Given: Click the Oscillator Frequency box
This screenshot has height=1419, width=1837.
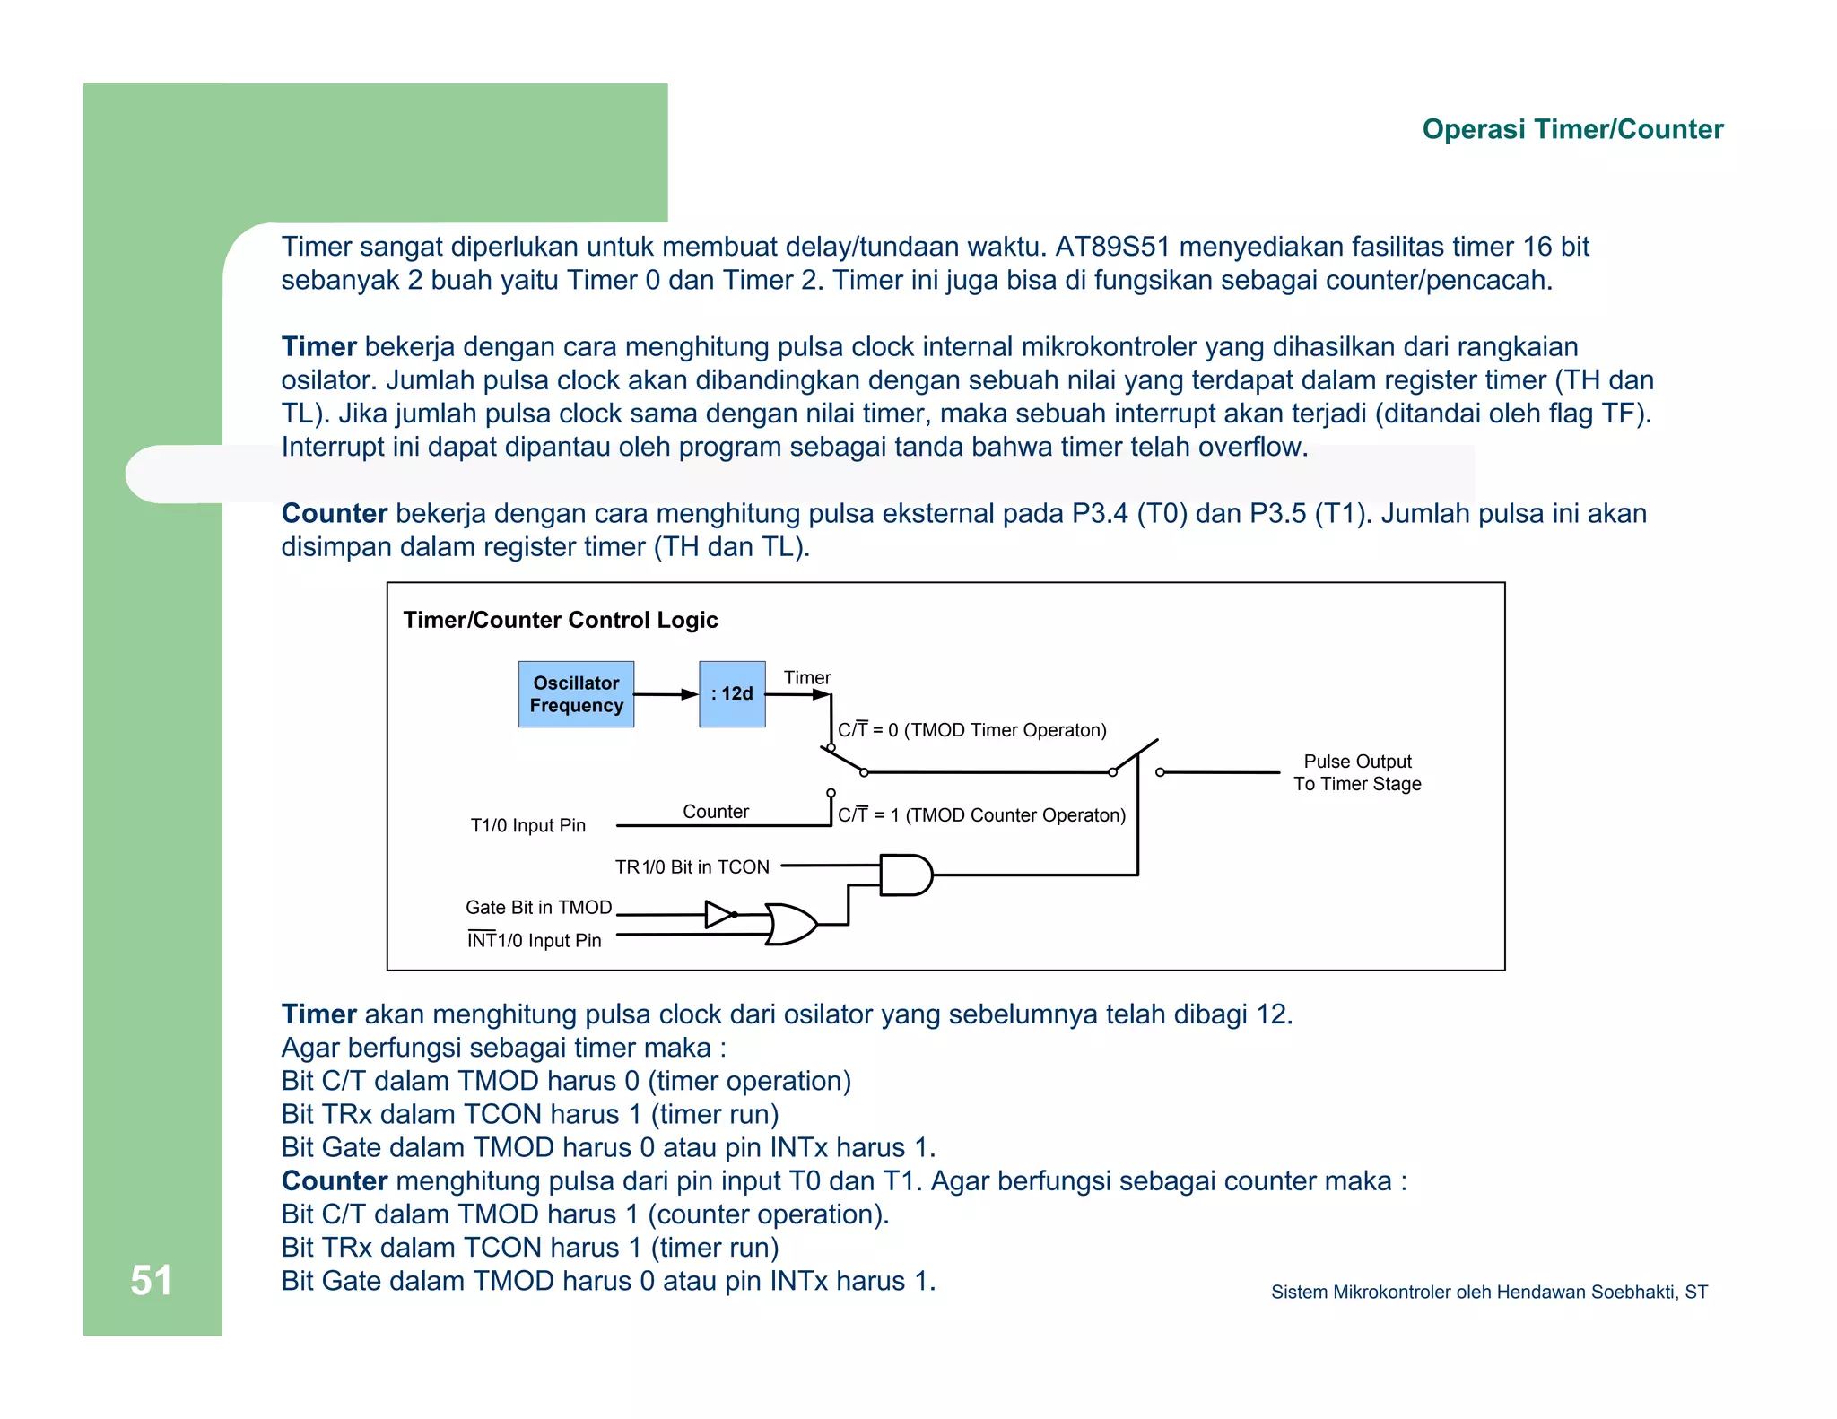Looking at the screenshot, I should pyautogui.click(x=576, y=694).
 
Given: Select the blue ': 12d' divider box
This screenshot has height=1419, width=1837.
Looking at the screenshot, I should pyautogui.click(x=732, y=694).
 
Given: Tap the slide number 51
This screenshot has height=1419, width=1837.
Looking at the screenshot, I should pyautogui.click(x=151, y=1280).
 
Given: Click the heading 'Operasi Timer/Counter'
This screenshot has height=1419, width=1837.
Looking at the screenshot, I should pyautogui.click(x=1572, y=129).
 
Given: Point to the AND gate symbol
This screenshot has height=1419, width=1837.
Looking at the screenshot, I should pyautogui.click(x=905, y=875).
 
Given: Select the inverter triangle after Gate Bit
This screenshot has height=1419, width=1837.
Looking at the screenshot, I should pyautogui.click(x=719, y=914).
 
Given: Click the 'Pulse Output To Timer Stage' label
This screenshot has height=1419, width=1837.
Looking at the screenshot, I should pyautogui.click(x=1357, y=772).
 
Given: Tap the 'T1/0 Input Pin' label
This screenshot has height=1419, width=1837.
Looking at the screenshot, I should pyautogui.click(x=527, y=825).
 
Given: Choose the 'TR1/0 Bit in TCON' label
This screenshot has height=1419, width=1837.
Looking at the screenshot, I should pyautogui.click(x=692, y=866).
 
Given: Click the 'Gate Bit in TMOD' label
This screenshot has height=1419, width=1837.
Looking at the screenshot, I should pyautogui.click(x=538, y=907).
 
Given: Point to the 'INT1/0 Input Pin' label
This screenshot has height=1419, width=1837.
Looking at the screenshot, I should pyautogui.click(x=534, y=940).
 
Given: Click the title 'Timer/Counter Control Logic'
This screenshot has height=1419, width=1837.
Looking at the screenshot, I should pyautogui.click(x=561, y=620).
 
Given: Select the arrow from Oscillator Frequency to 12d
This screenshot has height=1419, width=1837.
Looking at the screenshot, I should pyautogui.click(x=666, y=694).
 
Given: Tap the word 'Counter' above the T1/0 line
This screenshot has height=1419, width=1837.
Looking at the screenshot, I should pyautogui.click(x=715, y=811).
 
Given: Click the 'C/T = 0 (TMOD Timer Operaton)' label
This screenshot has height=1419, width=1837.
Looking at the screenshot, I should pyautogui.click(x=971, y=730).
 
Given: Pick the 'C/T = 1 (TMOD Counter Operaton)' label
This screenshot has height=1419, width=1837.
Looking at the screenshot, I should pyautogui.click(x=981, y=814).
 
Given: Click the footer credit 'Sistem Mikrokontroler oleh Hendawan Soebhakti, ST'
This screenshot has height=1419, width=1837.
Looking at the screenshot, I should pyautogui.click(x=1489, y=1292).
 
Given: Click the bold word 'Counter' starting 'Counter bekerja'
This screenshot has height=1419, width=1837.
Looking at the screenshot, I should pyautogui.click(x=334, y=513).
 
